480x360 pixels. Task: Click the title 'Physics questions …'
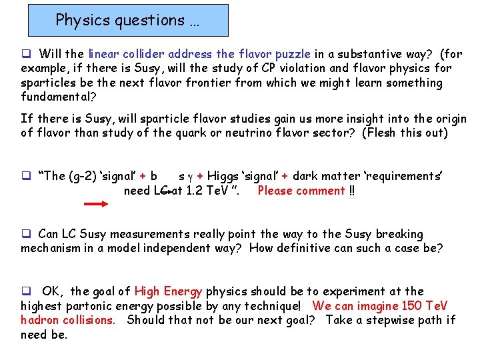click(x=127, y=20)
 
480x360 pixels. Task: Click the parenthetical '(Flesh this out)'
click(x=405, y=133)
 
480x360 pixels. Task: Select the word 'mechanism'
click(x=50, y=249)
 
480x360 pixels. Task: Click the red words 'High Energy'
click(x=168, y=291)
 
